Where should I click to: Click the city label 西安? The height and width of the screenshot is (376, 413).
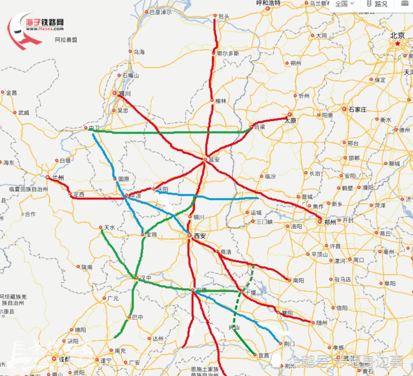200,236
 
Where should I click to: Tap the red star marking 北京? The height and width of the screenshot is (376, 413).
398,43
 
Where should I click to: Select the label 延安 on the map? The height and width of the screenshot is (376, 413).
214,160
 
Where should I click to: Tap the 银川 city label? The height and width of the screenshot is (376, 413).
124,94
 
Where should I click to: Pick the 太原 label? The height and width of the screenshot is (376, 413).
290,121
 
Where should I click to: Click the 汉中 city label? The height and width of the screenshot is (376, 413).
146,278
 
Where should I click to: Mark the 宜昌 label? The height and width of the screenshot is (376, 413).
263,355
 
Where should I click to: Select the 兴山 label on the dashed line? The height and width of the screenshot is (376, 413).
234,327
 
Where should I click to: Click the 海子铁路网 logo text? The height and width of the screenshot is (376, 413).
45,23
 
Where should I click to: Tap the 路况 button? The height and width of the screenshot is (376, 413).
378,4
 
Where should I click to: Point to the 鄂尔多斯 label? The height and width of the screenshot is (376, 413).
228,54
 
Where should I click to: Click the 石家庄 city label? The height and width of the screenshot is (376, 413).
357,110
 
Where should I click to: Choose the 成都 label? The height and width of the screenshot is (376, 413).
64,359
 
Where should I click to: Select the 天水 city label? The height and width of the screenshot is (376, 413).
109,227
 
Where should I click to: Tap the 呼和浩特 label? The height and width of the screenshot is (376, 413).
268,3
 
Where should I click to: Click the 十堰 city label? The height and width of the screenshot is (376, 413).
250,292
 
